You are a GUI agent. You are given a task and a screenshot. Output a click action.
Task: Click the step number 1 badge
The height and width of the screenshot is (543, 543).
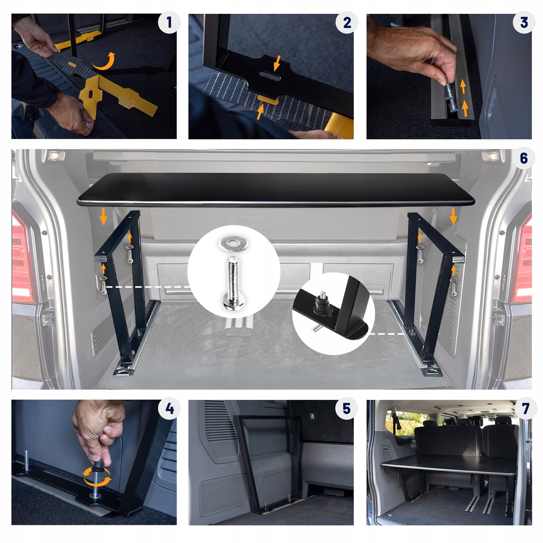169,23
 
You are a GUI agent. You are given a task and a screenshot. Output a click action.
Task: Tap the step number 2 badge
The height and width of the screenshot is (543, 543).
347,23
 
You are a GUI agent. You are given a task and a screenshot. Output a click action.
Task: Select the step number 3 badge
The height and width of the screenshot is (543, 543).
524,23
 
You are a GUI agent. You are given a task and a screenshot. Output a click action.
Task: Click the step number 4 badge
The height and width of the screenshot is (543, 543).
169,409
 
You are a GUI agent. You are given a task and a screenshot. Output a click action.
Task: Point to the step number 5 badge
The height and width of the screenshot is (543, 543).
347,409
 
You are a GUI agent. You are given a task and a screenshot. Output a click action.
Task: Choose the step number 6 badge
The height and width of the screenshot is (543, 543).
524,159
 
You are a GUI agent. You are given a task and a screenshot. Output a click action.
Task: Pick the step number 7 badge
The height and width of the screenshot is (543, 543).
526,409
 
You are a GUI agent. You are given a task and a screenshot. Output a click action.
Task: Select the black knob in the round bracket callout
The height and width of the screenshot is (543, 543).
322,304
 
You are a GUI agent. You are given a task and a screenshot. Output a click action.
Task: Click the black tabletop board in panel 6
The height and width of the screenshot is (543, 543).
276,189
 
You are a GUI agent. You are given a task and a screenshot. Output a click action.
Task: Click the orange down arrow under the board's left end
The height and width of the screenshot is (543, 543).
103,216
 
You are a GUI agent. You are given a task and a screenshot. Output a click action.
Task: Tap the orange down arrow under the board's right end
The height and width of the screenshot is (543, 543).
453,216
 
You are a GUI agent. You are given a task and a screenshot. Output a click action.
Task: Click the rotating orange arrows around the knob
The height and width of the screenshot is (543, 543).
98,476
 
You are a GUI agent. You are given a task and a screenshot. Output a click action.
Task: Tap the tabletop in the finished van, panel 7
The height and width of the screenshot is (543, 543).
448,465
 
